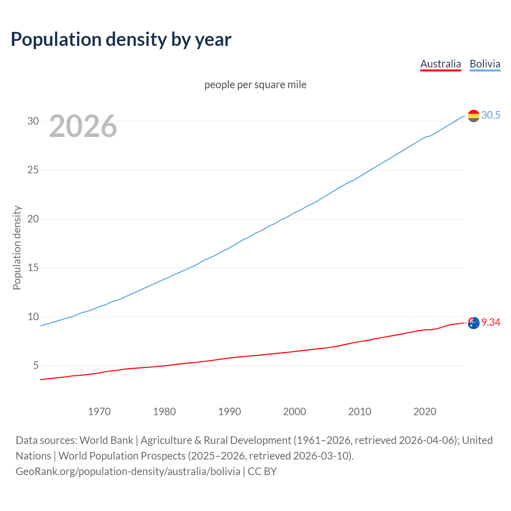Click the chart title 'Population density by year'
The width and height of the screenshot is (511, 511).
pos(121,40)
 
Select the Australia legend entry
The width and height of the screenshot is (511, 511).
pos(440,64)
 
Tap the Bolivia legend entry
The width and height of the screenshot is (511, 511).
pos(485,64)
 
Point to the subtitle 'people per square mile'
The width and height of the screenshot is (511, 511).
pos(255,85)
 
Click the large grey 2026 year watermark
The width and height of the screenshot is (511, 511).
pos(83,126)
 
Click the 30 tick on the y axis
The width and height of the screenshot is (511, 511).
pos(33,121)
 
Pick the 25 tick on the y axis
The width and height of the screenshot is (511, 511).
pos(33,170)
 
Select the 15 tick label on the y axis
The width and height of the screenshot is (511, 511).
pos(33,267)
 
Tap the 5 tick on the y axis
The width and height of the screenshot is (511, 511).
pos(36,365)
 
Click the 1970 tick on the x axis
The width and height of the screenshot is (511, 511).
pos(99,412)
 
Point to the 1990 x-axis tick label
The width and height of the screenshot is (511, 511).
pos(229,412)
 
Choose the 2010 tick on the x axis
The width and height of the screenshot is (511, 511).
pos(359,412)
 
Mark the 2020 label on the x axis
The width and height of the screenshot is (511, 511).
pos(424,412)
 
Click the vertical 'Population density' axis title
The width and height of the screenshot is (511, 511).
pos(17,248)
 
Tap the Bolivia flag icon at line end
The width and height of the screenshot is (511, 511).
pos(473,116)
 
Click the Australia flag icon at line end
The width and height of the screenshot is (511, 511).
pos(473,323)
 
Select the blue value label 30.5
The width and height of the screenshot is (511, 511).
pos(491,115)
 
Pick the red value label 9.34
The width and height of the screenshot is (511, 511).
pos(491,322)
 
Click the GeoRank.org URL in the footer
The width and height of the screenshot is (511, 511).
pos(128,471)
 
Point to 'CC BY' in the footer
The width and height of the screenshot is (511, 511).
pos(262,471)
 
